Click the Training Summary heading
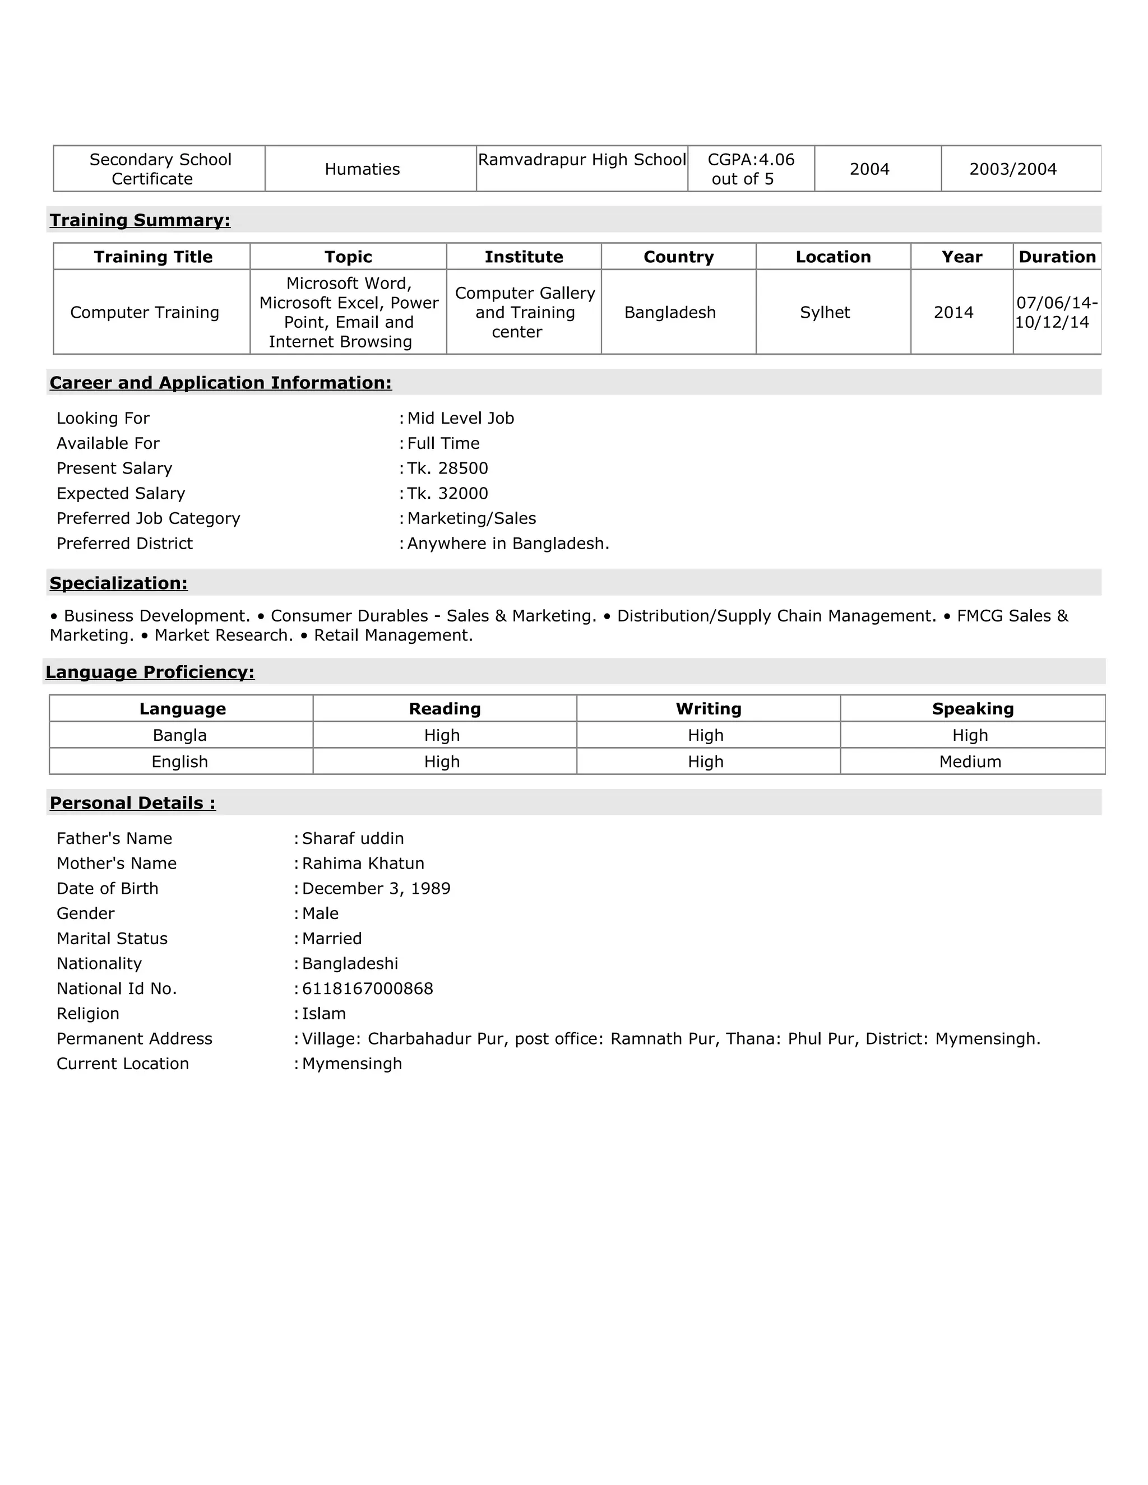(140, 220)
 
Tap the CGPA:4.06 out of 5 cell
(751, 169)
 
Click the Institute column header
(524, 257)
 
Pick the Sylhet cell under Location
(825, 313)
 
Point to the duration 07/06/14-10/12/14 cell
(1056, 313)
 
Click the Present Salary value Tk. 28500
(447, 468)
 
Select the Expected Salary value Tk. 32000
(447, 494)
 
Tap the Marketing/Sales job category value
(471, 519)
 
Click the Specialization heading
(118, 583)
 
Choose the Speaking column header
(973, 709)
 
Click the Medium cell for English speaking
(970, 762)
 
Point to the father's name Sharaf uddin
(353, 839)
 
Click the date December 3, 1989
(376, 889)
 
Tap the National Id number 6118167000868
(367, 989)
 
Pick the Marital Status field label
(112, 939)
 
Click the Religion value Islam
(324, 1014)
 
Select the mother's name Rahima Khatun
(363, 864)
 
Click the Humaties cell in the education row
(363, 169)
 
